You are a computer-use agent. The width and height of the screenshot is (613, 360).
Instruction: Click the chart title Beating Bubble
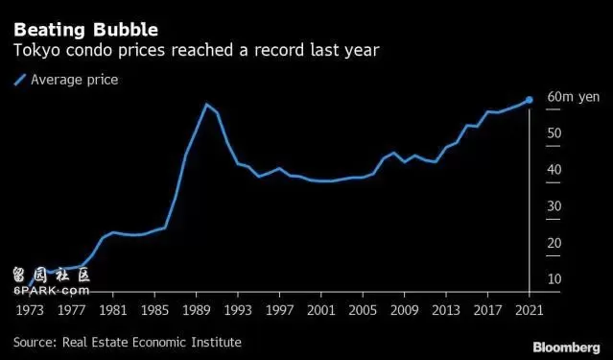pyautogui.click(x=86, y=30)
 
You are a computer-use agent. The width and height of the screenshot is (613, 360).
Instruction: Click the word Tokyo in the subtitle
pyautogui.click(x=36, y=51)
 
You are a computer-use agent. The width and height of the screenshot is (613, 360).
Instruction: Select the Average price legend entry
pyautogui.click(x=66, y=80)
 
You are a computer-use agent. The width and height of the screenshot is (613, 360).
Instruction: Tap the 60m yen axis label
pyautogui.click(x=573, y=97)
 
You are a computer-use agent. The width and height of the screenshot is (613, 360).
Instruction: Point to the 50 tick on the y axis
pyautogui.click(x=554, y=133)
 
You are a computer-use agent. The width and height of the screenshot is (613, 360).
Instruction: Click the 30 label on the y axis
pyautogui.click(x=554, y=206)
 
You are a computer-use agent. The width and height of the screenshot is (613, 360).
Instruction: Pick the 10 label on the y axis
pyautogui.click(x=554, y=279)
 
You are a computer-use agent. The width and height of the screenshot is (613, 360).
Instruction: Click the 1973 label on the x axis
pyautogui.click(x=30, y=311)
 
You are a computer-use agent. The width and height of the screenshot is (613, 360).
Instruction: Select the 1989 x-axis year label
pyautogui.click(x=197, y=311)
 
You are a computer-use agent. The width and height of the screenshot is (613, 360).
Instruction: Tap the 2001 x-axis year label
pyautogui.click(x=321, y=311)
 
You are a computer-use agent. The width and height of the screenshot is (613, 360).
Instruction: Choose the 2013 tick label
pyautogui.click(x=446, y=311)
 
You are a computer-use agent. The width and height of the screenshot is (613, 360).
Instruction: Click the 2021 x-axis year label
pyautogui.click(x=530, y=311)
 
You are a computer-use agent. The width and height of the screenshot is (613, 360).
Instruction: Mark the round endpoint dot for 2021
pyautogui.click(x=529, y=100)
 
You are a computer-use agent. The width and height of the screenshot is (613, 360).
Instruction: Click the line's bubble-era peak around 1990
pyautogui.click(x=206, y=104)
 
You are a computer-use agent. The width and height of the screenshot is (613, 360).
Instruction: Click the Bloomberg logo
pyautogui.click(x=567, y=348)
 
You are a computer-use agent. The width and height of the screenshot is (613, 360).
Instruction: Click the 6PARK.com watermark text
pyautogui.click(x=51, y=291)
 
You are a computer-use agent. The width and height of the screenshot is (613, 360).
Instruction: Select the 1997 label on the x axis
pyautogui.click(x=279, y=311)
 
